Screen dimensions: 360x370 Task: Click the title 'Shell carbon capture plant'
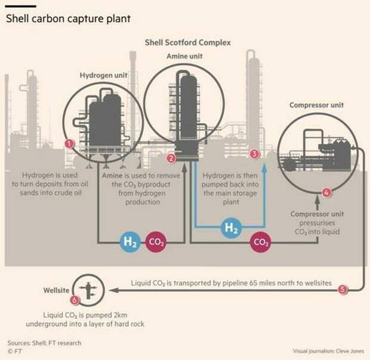click(x=68, y=19)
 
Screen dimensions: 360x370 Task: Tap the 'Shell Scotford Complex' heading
click(x=188, y=43)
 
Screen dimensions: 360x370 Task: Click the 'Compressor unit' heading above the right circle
click(x=316, y=106)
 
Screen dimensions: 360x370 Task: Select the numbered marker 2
click(x=171, y=158)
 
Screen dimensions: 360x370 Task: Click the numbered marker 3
click(x=255, y=154)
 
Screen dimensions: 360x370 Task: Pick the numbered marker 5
click(x=342, y=290)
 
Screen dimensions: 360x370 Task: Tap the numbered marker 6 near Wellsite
click(x=75, y=300)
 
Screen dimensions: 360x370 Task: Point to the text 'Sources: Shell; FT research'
click(x=44, y=343)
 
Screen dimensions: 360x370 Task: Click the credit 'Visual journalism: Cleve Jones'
click(x=328, y=351)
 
